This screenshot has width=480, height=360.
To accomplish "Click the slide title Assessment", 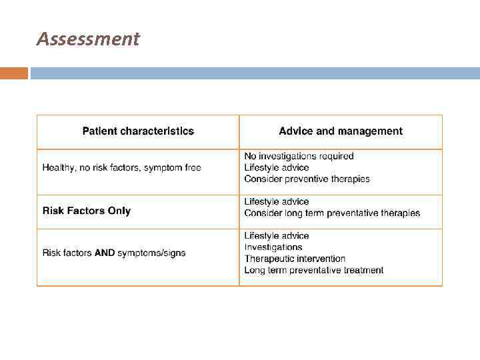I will click(88, 39).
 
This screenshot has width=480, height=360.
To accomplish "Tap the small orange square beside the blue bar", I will click(14, 73).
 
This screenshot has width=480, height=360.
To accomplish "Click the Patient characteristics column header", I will click(138, 131).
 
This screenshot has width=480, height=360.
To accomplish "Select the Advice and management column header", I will click(341, 131).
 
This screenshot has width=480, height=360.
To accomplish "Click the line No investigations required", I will click(299, 156).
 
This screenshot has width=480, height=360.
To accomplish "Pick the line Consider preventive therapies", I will click(307, 179).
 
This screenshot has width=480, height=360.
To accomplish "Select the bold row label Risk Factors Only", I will click(87, 211).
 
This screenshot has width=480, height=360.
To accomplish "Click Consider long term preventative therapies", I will click(332, 213).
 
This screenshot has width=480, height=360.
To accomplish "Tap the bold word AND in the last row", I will click(105, 253).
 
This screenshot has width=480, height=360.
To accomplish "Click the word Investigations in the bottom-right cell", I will click(273, 247).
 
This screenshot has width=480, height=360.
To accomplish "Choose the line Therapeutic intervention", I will click(295, 259).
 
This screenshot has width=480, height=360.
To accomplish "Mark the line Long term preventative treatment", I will click(313, 270).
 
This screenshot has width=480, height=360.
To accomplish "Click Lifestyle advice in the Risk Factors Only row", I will click(277, 202).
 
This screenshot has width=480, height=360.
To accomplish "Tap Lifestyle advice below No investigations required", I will click(277, 167).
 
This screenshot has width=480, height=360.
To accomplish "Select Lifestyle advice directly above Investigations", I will click(277, 236).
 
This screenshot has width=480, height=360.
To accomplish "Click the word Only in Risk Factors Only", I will click(119, 211).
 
